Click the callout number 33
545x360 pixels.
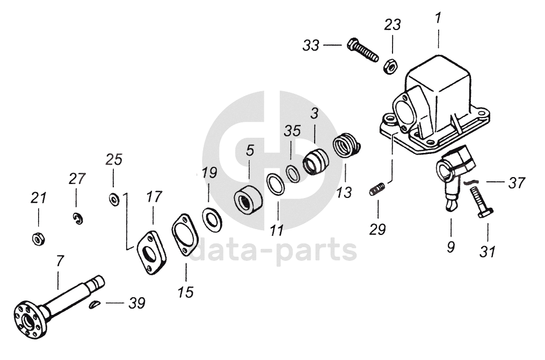click(311, 46)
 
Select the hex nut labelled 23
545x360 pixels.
click(390, 65)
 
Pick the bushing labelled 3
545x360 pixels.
click(315, 159)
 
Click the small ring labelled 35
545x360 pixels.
click(293, 173)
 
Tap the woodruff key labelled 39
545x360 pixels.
click(95, 305)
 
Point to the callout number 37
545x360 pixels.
click(517, 182)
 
